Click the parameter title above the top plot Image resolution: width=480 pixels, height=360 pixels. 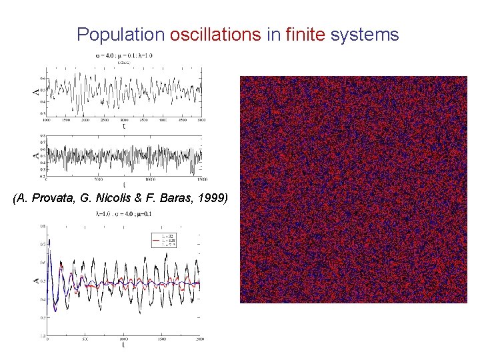[125, 55]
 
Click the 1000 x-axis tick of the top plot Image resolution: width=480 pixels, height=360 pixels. [46, 119]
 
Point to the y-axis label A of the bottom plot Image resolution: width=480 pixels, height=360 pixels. [37, 281]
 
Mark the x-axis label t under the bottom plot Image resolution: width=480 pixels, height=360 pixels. [123, 345]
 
